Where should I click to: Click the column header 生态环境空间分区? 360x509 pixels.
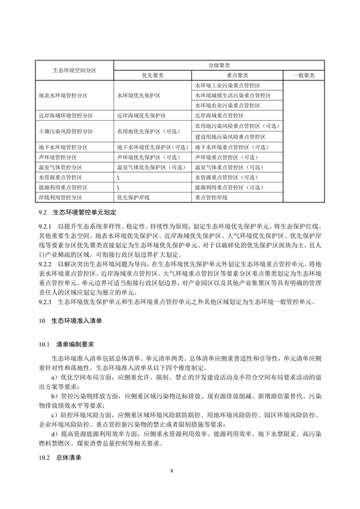[75, 70]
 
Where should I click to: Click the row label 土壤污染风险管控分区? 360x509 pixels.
[65, 131]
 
